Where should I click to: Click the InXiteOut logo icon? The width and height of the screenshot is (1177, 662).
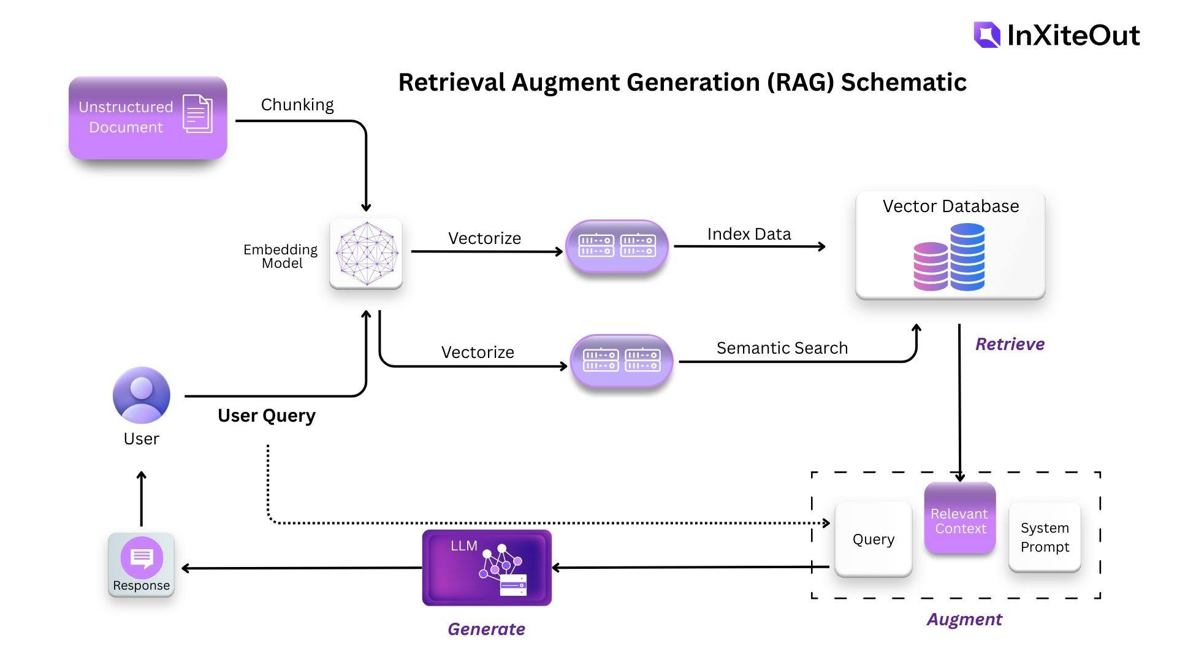tap(986, 35)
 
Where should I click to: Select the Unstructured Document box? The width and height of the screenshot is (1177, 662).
tap(148, 118)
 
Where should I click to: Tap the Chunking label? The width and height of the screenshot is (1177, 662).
tap(297, 105)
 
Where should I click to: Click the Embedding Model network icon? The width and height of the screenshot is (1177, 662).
tap(366, 253)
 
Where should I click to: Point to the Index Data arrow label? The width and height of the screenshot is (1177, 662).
tap(748, 234)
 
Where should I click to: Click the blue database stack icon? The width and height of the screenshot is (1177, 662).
tap(967, 256)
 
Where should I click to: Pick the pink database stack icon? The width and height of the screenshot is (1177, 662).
tap(931, 266)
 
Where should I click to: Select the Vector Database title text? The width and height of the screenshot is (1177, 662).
tap(950, 206)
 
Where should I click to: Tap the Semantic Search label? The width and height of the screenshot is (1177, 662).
tap(782, 348)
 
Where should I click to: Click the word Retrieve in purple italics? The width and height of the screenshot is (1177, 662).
tap(1010, 344)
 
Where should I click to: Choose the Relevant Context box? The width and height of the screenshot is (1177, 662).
tap(959, 519)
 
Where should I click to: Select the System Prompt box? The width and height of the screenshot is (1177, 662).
tap(1045, 537)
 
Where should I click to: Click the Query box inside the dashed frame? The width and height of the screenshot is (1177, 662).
tap(873, 539)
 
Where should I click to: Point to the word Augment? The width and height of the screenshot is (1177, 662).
tap(964, 619)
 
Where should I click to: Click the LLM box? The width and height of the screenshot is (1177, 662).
tap(487, 568)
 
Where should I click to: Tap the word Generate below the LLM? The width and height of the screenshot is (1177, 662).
tap(486, 629)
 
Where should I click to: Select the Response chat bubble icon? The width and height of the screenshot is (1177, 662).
tap(142, 557)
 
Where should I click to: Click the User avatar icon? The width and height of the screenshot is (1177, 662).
tap(142, 395)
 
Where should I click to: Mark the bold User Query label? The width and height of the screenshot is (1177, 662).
tap(267, 416)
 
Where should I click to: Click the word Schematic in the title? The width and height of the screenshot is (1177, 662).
tap(904, 82)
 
